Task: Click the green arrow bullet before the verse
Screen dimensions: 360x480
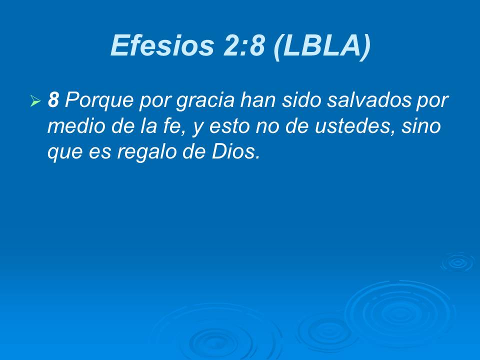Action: (35, 102)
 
